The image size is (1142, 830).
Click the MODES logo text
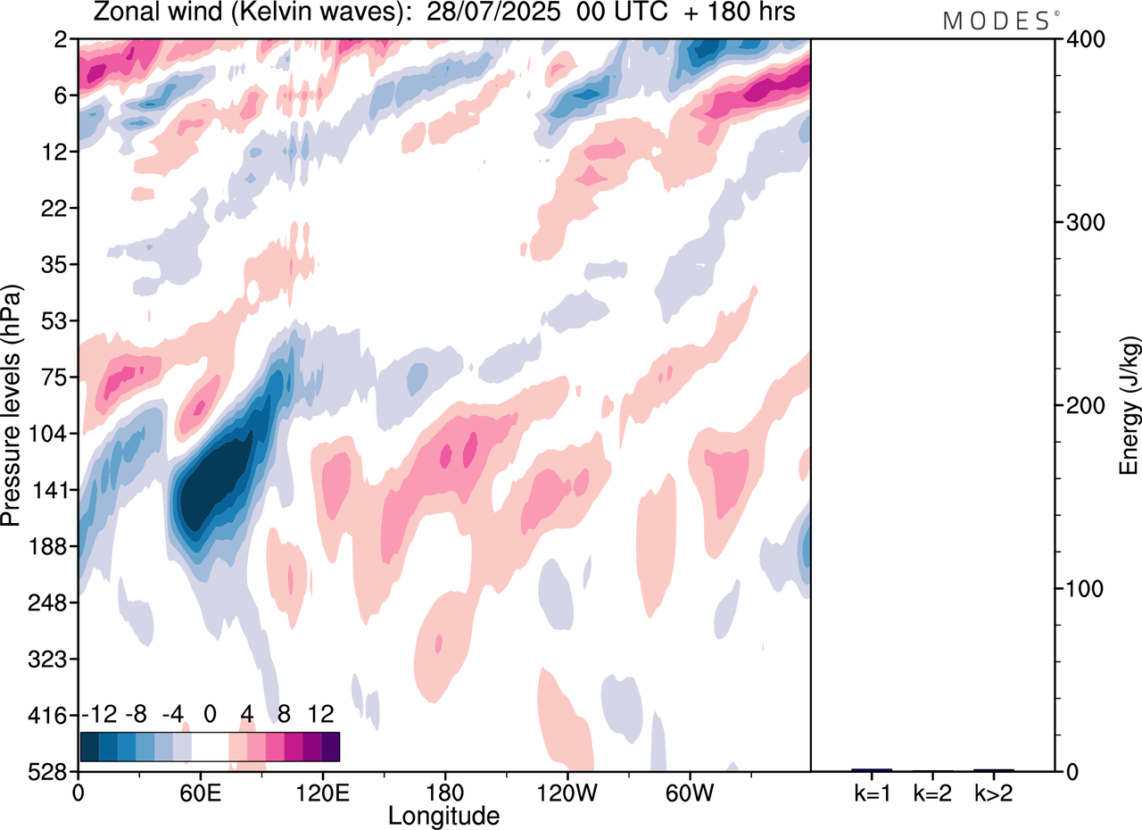click(997, 21)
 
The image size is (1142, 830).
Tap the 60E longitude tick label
click(201, 791)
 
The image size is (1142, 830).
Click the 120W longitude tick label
click(567, 791)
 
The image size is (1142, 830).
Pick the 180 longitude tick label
click(444, 791)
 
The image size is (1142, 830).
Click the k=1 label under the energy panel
click(872, 792)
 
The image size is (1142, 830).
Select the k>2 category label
click(993, 792)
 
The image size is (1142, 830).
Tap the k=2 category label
click(932, 792)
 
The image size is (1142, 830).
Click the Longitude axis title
click(443, 814)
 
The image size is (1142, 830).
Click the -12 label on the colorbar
click(100, 714)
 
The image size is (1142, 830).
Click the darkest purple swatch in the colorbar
click(330, 746)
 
